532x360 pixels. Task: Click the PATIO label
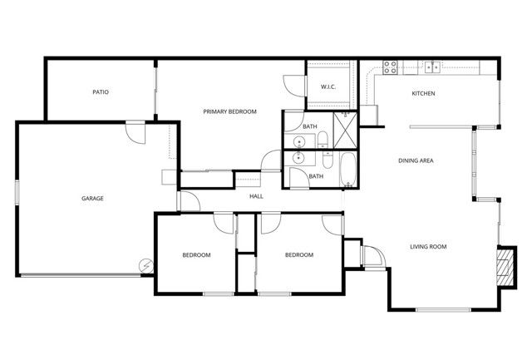101,92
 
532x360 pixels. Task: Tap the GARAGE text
92,199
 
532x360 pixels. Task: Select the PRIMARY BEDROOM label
230,111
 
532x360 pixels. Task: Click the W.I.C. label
328,87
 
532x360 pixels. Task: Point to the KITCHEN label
423,93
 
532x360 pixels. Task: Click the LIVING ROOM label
429,246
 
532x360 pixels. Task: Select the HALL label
256,196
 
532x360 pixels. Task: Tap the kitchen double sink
432,67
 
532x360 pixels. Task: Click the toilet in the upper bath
322,137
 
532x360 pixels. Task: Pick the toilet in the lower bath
327,157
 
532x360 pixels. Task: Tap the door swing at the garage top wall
135,131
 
